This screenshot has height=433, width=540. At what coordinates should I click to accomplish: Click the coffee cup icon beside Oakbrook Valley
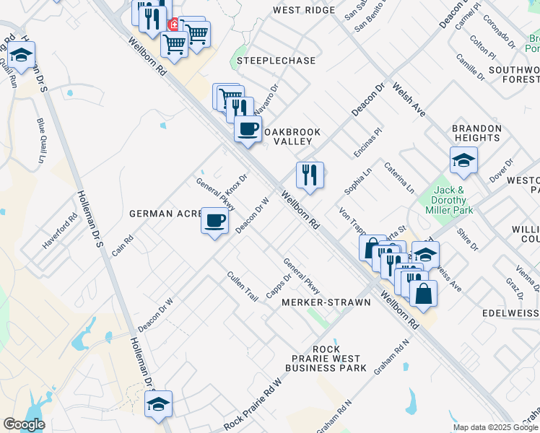pyautogui.click(x=248, y=129)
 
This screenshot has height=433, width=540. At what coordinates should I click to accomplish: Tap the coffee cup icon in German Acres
pyautogui.click(x=214, y=220)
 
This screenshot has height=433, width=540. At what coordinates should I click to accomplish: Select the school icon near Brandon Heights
pyautogui.click(x=463, y=160)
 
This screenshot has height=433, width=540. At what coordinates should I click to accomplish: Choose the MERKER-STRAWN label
pyautogui.click(x=326, y=302)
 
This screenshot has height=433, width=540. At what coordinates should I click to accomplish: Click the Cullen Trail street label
pyautogui.click(x=242, y=287)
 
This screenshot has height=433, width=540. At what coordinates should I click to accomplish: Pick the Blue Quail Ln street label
pyautogui.click(x=40, y=140)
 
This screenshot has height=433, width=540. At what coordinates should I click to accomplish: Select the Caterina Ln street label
pyautogui.click(x=399, y=178)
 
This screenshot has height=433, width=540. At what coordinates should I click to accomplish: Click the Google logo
pyautogui.click(x=24, y=424)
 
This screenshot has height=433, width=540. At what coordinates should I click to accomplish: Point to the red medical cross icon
pyautogui.click(x=173, y=25)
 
